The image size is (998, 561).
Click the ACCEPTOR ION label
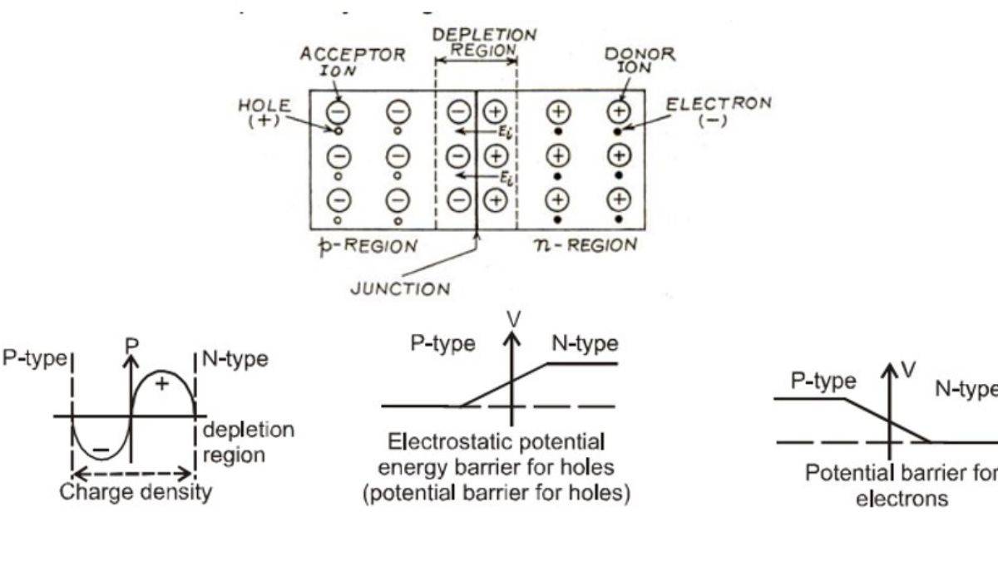coord(353,62)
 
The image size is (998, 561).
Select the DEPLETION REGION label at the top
coord(484,42)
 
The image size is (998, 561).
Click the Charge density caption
coord(136,492)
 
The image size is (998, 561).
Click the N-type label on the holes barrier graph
coord(585,343)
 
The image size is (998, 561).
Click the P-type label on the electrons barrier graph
coord(823,381)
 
